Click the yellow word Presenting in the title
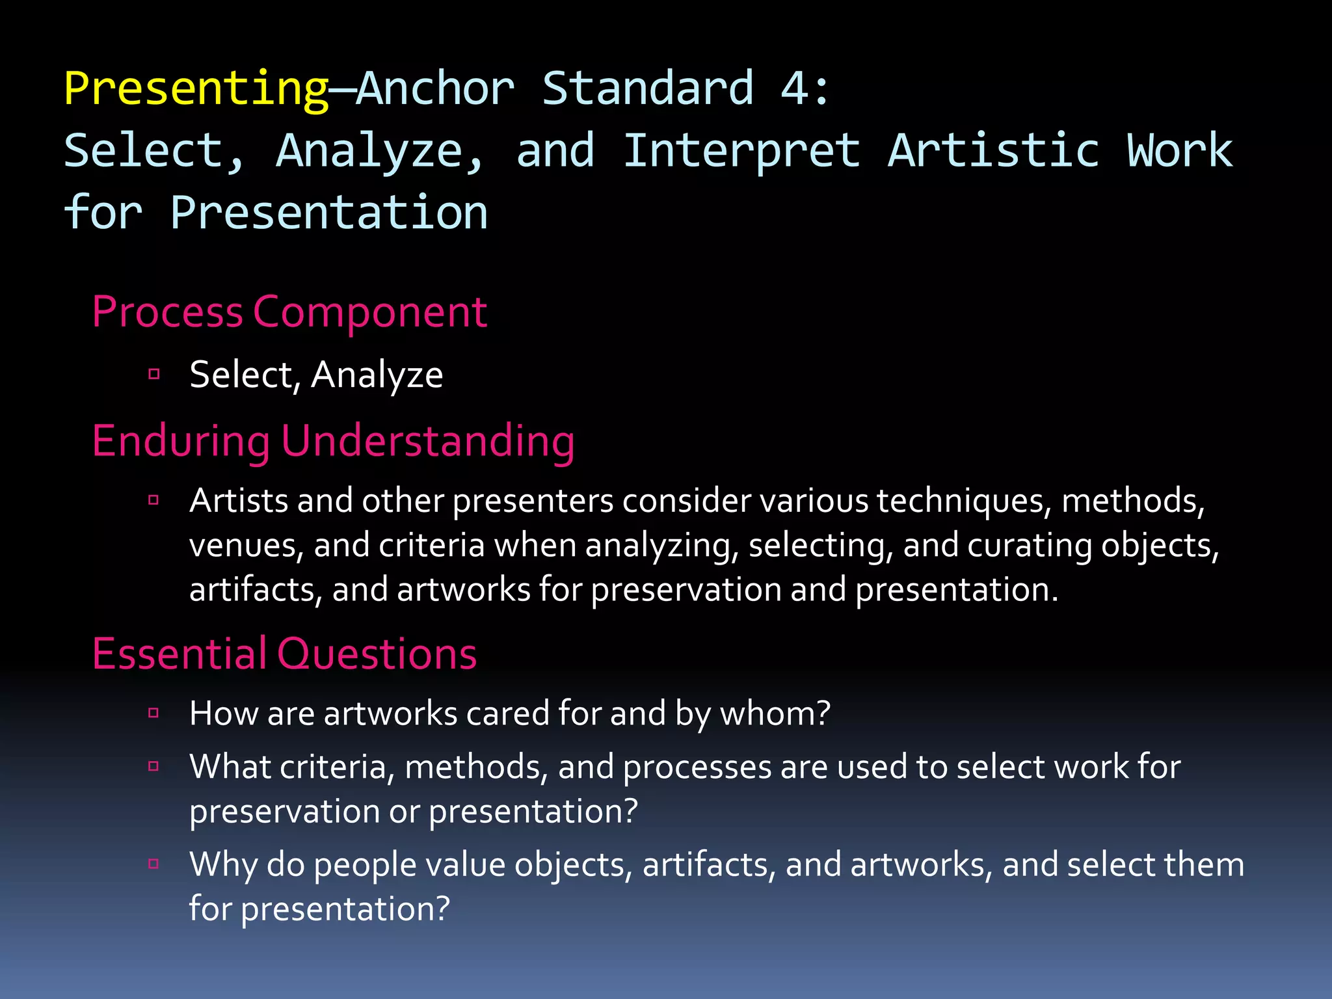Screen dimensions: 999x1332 [x=196, y=89]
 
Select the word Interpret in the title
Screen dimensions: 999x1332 [x=741, y=151]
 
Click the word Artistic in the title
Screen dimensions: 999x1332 [x=994, y=151]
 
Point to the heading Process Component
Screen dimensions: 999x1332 [x=289, y=312]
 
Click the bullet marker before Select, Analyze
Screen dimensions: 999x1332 [x=154, y=374]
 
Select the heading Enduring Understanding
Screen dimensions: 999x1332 [x=333, y=441]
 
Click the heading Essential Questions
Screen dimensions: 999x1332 [x=284, y=654]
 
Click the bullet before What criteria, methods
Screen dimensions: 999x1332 [x=154, y=766]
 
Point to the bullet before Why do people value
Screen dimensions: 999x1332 [x=154, y=864]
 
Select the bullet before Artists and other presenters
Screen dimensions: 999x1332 [x=154, y=500]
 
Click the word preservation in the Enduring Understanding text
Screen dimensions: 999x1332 [x=686, y=590]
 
